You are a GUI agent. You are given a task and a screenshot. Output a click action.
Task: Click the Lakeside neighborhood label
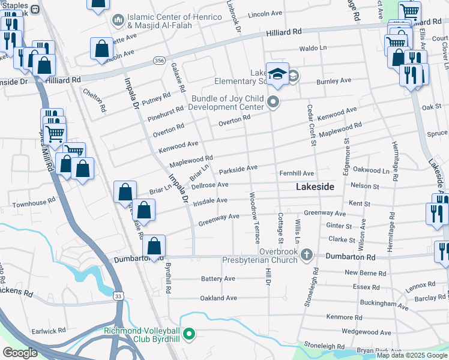(315, 187)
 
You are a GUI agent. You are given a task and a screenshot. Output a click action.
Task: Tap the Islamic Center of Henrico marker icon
(118, 20)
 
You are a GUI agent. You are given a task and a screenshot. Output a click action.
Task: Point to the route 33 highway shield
(119, 295)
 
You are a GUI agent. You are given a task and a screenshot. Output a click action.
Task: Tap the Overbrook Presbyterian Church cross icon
(307, 255)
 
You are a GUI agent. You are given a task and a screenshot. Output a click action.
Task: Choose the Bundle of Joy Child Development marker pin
(273, 102)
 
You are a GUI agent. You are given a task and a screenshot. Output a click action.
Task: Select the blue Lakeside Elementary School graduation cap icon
(277, 74)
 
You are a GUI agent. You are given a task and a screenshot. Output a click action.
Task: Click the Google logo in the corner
(20, 353)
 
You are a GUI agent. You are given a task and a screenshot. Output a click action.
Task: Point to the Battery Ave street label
(218, 279)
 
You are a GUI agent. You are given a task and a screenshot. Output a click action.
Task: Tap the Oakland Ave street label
(218, 298)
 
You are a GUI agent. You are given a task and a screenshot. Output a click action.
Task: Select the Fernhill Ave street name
(297, 173)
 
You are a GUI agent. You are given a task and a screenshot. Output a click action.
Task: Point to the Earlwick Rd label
(48, 331)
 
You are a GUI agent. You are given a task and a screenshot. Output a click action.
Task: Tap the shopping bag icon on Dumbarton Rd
(154, 246)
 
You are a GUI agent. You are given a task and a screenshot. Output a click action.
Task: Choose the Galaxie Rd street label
(178, 78)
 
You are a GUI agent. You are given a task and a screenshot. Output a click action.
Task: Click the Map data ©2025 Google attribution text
(412, 355)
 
